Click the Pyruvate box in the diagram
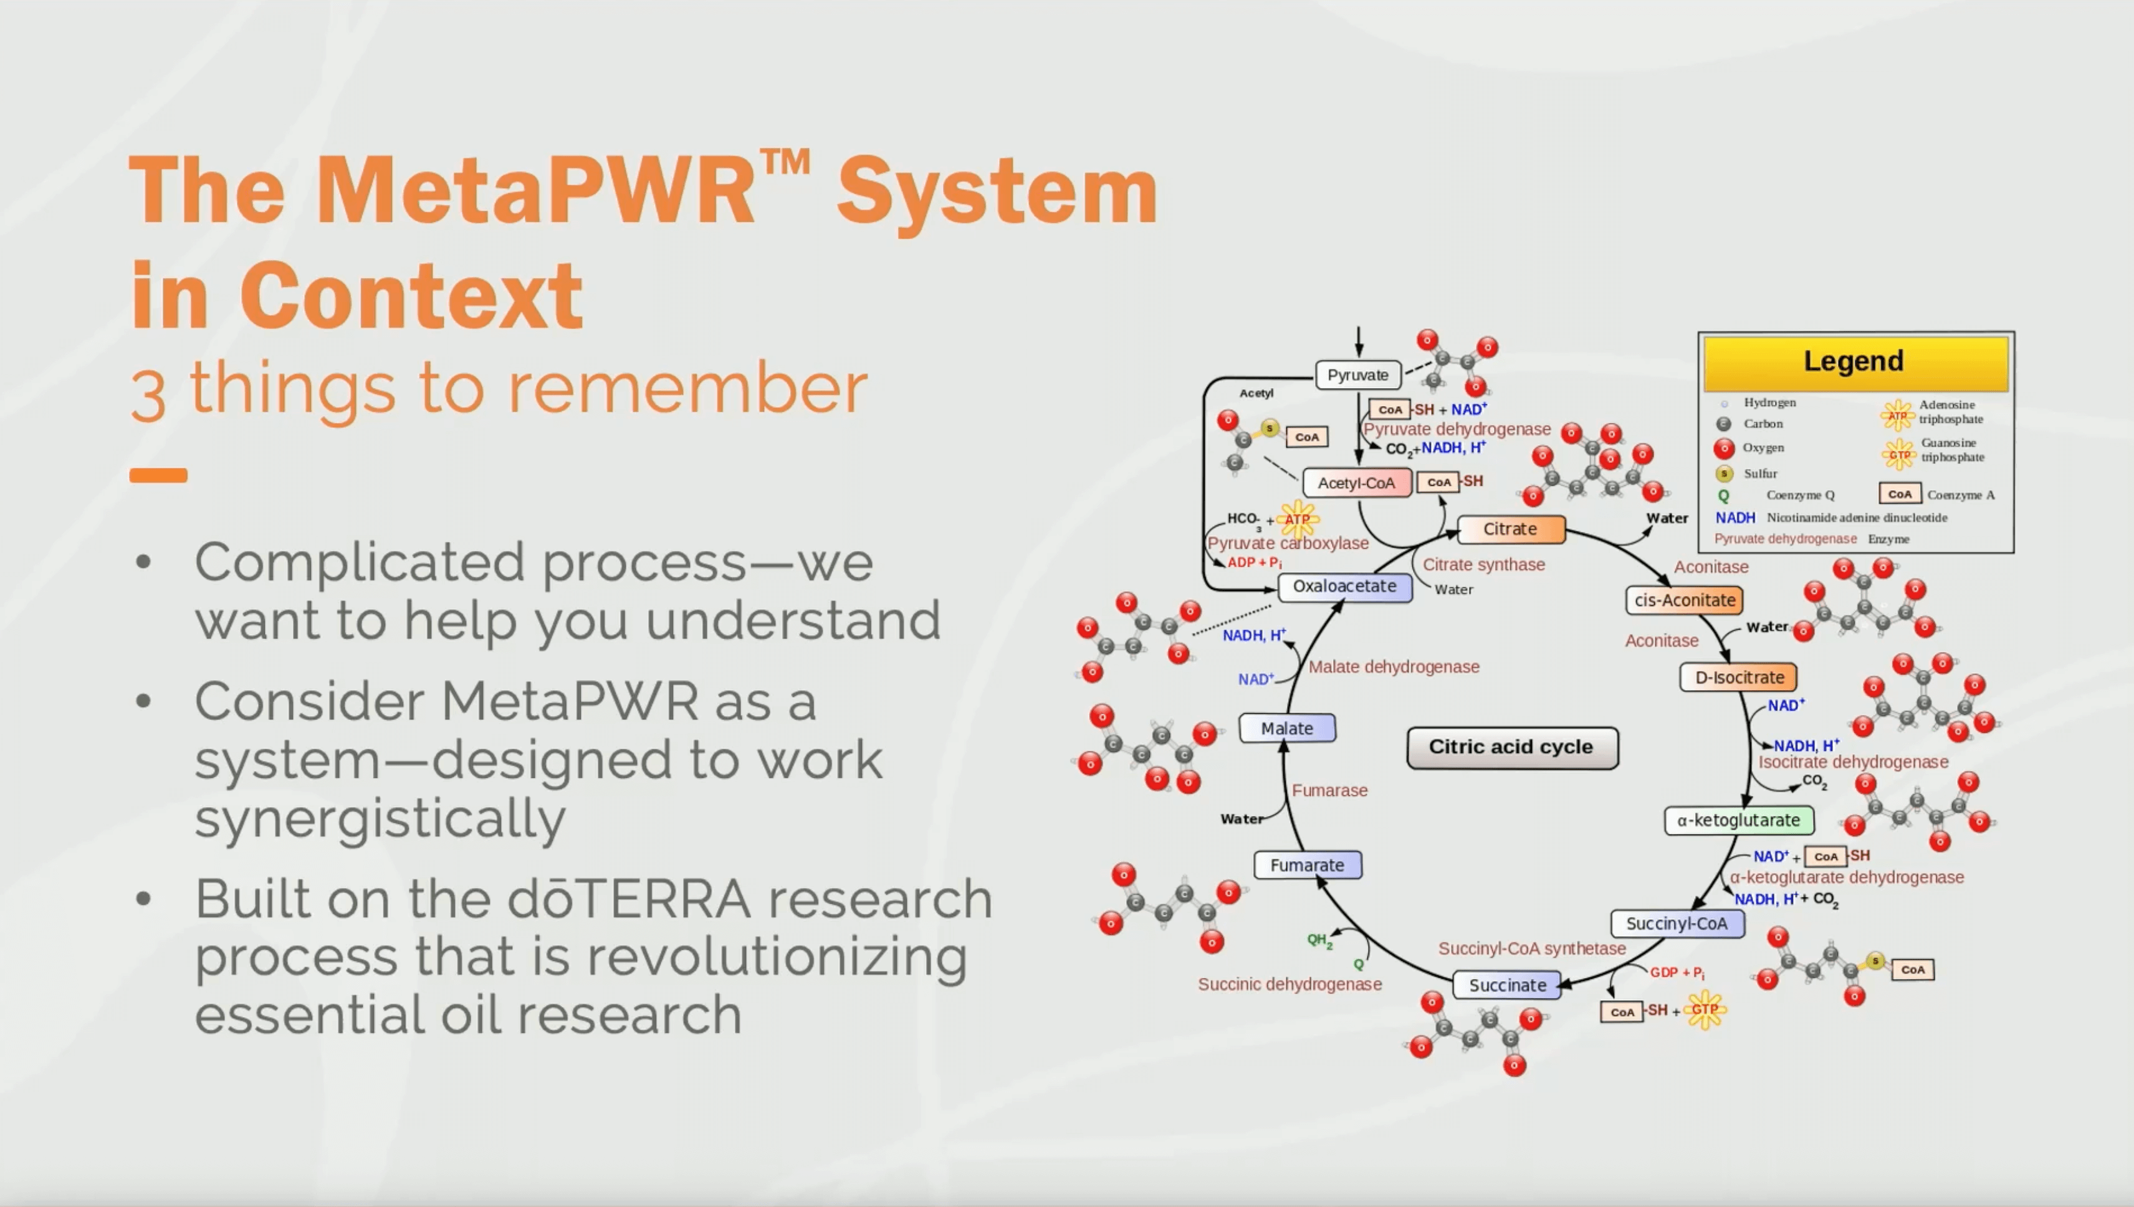tap(1357, 375)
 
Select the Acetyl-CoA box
tap(1356, 483)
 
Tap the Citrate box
tap(1510, 529)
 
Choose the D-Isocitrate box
tap(1738, 677)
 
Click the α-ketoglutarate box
tap(1738, 820)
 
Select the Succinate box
tap(1507, 985)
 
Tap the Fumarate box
tap(1307, 864)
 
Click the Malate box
tap(1286, 728)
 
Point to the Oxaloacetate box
tap(1344, 586)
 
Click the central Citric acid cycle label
tap(1511, 747)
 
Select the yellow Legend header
tap(1855, 361)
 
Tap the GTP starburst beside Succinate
tap(1705, 1010)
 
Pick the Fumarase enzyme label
tap(1329, 790)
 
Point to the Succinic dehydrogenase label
tap(1289, 984)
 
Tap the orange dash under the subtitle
tap(158, 475)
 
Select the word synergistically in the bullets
tap(380, 818)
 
